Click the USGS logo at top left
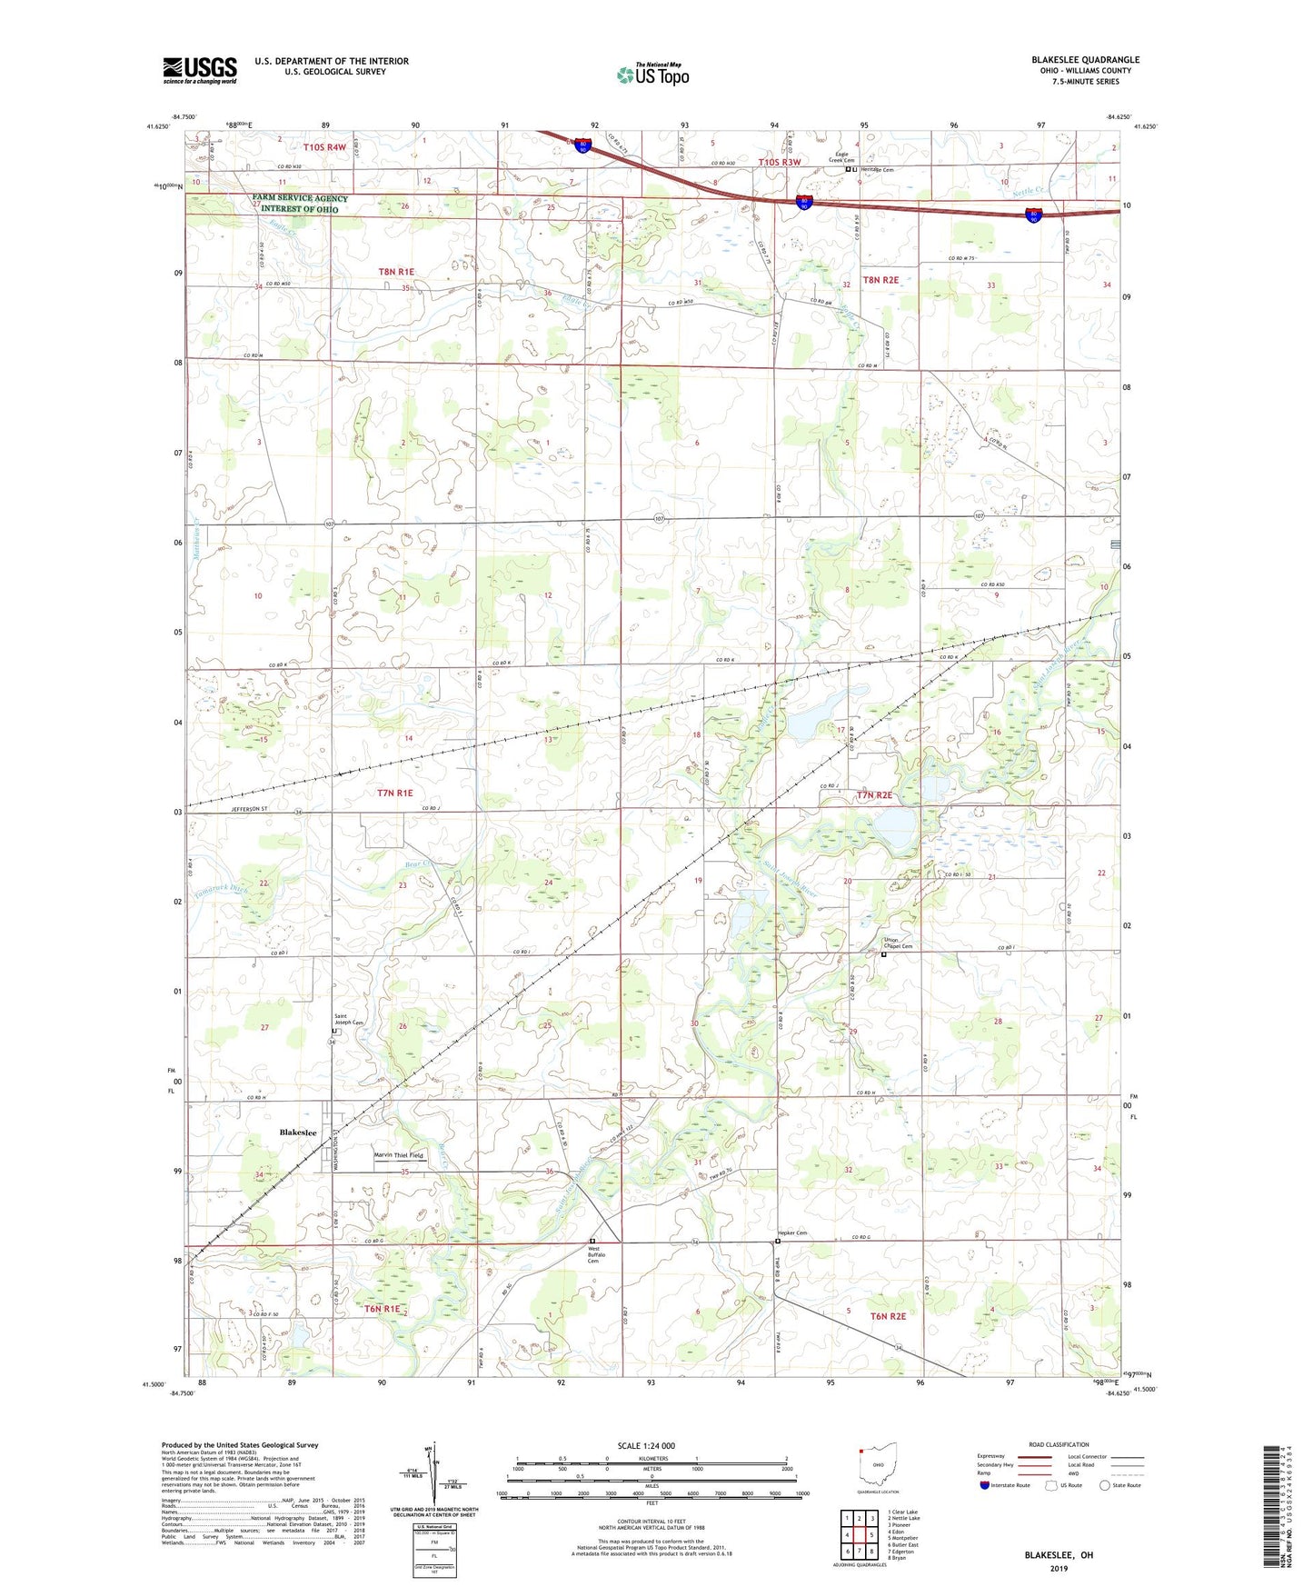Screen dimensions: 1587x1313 (x=200, y=70)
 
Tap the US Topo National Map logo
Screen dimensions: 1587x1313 (x=652, y=74)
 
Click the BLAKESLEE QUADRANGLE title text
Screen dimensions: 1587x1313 (x=1085, y=60)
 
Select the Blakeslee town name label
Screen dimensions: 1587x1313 (x=298, y=1133)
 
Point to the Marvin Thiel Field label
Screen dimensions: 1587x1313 (x=399, y=1155)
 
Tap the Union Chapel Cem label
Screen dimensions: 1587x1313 (x=899, y=943)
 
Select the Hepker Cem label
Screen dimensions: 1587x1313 (x=792, y=1233)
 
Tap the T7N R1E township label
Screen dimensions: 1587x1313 (x=401, y=793)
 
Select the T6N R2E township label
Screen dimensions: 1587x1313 (x=889, y=1315)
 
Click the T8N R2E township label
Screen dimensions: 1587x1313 (x=880, y=281)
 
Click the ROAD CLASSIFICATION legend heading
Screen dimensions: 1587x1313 (x=1059, y=1444)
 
